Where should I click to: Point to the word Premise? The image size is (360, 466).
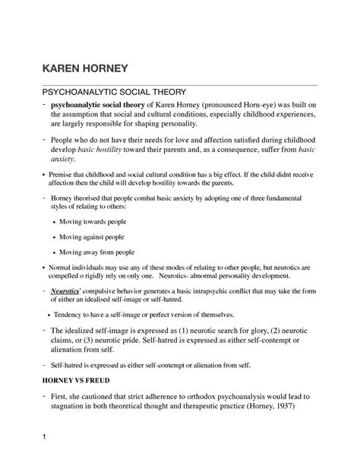tap(63, 175)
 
